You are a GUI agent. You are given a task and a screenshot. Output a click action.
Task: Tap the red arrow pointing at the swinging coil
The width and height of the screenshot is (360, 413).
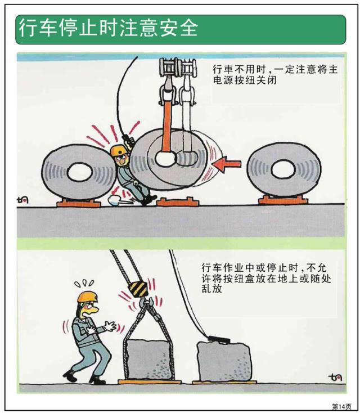[227, 164]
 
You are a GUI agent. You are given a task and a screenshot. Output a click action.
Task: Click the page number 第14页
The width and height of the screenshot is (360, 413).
[341, 405]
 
